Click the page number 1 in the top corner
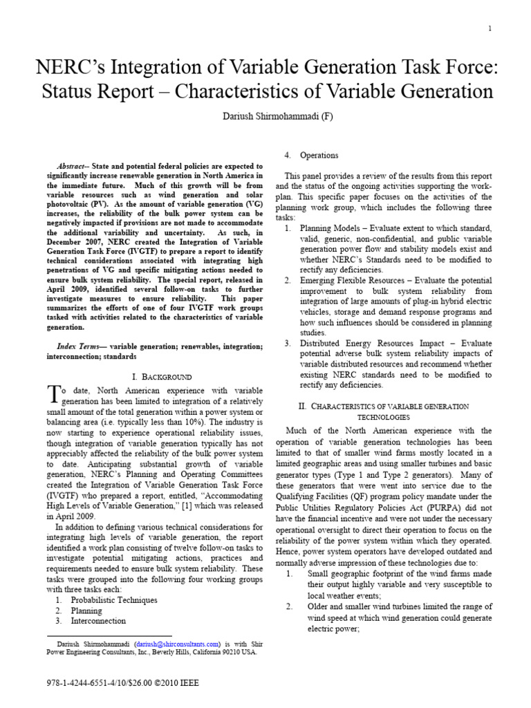pyautogui.click(x=490, y=28)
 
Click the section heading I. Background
pyautogui.click(x=161, y=377)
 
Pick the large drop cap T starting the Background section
pyautogui.click(x=53, y=394)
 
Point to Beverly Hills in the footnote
pyautogui.click(x=177, y=651)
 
